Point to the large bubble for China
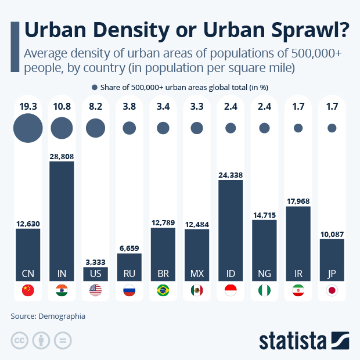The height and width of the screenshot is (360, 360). [28, 128]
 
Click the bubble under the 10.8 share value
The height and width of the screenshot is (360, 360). [62, 128]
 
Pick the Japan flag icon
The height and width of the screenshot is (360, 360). [332, 291]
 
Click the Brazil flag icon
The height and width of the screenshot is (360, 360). [163, 291]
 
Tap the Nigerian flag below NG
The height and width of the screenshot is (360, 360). [264, 291]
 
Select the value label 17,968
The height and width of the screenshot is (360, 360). [298, 201]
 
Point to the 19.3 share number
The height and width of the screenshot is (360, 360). [28, 106]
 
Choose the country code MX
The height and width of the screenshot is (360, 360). [197, 273]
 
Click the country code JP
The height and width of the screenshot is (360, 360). [332, 273]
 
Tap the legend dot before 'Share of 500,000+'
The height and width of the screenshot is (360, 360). [95, 87]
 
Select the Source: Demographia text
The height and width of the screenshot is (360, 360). [48, 316]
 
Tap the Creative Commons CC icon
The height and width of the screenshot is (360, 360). [20, 340]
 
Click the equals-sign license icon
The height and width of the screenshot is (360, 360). [62, 340]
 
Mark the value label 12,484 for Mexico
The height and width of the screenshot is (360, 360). [197, 224]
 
